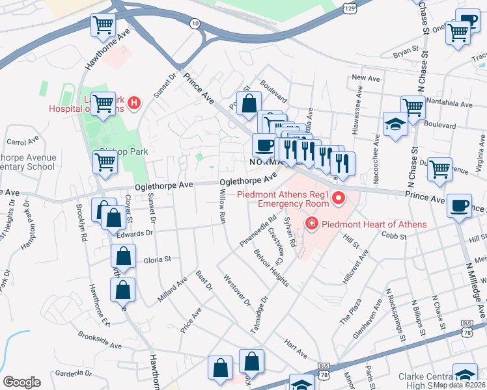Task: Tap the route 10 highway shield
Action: (x=195, y=23)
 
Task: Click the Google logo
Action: (x=21, y=382)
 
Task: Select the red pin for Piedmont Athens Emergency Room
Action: (x=337, y=198)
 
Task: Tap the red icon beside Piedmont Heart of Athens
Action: (x=311, y=224)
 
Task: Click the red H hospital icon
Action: (x=133, y=103)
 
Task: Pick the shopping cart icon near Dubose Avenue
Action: (x=440, y=169)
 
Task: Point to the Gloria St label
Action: (x=157, y=259)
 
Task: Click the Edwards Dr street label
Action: (x=135, y=232)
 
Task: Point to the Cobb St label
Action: (x=394, y=235)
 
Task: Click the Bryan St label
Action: (x=404, y=49)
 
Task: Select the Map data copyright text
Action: (x=459, y=385)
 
